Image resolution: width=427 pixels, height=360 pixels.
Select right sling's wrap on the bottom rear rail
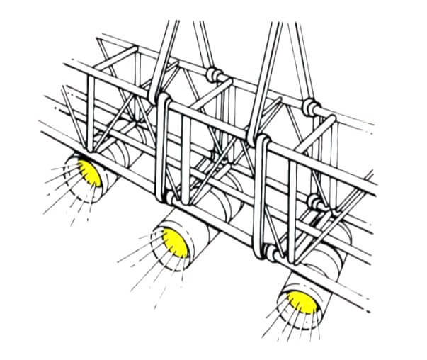pos(317,203)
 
